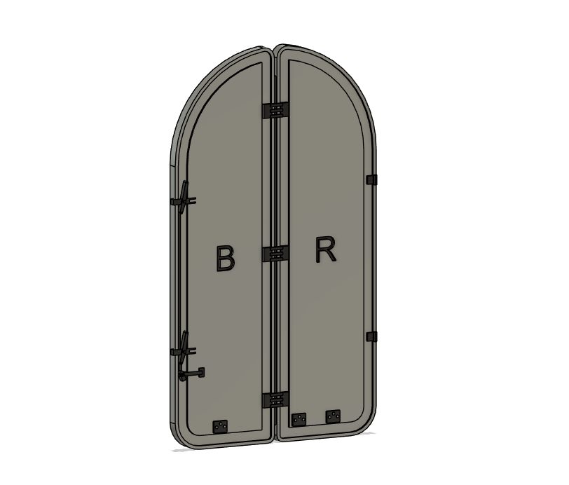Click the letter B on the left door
click(x=224, y=258)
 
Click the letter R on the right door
click(x=326, y=250)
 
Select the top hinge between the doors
click(x=275, y=111)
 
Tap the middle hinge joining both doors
click(x=275, y=254)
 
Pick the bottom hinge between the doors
click(x=275, y=400)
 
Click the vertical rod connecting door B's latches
click(x=180, y=273)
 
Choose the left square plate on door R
click(x=299, y=419)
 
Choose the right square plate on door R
click(x=333, y=416)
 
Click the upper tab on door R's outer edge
click(x=371, y=180)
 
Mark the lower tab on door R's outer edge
click(x=371, y=337)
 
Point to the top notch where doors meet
click(x=275, y=49)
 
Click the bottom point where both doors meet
click(x=275, y=441)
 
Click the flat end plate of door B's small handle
click(x=201, y=372)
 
